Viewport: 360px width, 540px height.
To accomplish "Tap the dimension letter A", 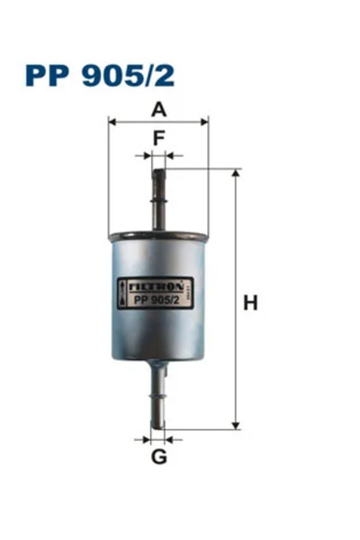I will (x=158, y=110).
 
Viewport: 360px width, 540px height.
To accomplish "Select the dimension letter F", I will (x=159, y=139).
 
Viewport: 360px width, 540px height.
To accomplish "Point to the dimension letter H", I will (x=250, y=303).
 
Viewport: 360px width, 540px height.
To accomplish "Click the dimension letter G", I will (x=158, y=456).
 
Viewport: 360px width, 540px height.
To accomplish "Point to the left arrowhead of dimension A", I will (x=112, y=120).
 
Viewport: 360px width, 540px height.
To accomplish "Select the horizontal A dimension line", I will (x=158, y=120).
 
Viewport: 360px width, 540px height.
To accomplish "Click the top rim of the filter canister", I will (x=158, y=238).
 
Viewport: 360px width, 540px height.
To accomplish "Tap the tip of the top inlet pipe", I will (x=159, y=171).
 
